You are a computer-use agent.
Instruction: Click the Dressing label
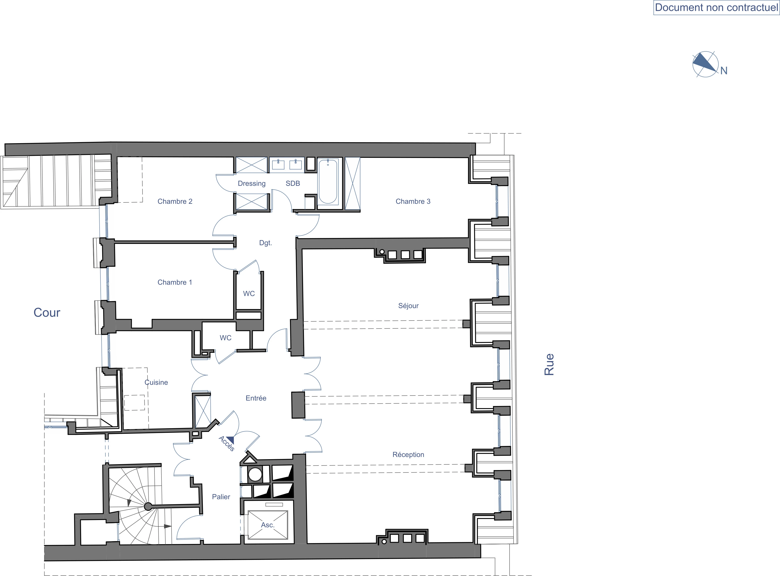click(252, 184)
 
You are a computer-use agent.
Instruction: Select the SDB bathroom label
click(293, 184)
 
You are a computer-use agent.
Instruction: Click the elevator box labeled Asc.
click(268, 525)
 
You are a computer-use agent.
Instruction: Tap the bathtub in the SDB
click(328, 181)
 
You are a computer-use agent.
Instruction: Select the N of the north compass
click(724, 71)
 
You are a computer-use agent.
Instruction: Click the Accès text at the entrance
click(227, 443)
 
